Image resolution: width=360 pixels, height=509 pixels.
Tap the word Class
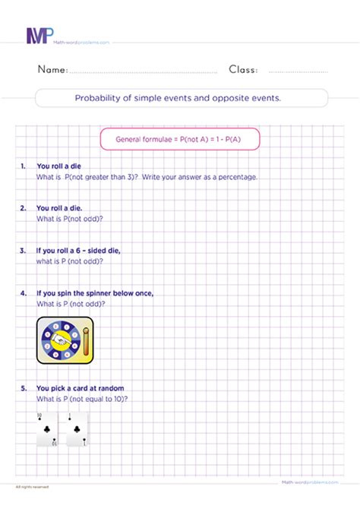coord(243,70)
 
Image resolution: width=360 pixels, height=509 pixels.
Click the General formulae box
coord(180,139)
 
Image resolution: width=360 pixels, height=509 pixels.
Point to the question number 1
coord(24,165)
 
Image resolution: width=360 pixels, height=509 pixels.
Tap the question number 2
coord(24,207)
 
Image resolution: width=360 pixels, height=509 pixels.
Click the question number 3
coord(24,250)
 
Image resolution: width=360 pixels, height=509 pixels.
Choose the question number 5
coord(24,388)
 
